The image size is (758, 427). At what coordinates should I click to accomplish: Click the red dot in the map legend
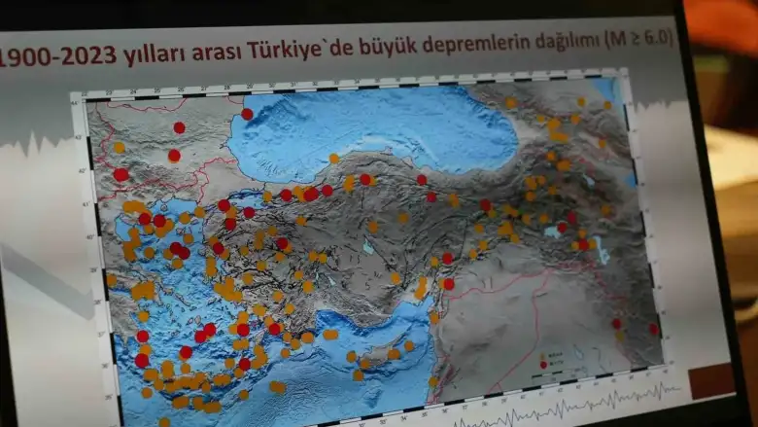[543, 364]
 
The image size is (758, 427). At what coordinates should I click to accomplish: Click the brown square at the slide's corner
[712, 380]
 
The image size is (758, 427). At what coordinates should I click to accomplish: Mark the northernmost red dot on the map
[247, 114]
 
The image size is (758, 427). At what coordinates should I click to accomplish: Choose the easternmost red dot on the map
[653, 328]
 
